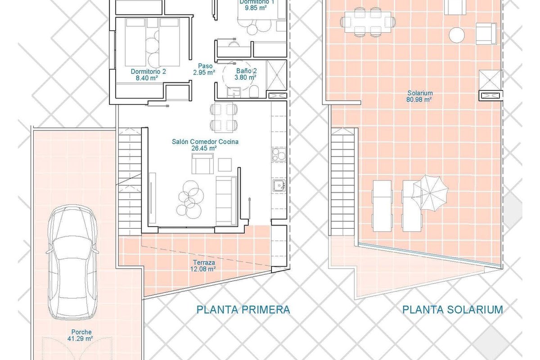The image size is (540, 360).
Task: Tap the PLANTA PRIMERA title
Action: click(x=243, y=310)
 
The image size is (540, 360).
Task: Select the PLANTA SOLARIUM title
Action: click(x=453, y=310)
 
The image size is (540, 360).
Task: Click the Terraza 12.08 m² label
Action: click(x=203, y=265)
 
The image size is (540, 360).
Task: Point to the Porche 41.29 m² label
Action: click(x=81, y=335)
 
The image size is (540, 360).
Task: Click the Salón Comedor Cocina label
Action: click(x=205, y=142)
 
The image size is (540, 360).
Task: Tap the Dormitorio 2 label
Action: click(x=148, y=72)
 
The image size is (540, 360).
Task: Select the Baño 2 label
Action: click(x=246, y=71)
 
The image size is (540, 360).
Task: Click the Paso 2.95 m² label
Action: click(x=204, y=69)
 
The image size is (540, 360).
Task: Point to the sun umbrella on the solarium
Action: click(x=430, y=193)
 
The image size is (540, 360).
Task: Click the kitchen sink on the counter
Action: click(x=279, y=185)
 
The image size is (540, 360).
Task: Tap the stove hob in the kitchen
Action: click(x=279, y=154)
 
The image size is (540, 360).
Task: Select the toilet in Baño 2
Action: click(x=254, y=91)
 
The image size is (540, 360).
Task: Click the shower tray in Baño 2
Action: click(x=276, y=75)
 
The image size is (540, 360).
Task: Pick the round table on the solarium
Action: click(x=457, y=35)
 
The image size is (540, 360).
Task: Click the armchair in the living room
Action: click(x=202, y=163)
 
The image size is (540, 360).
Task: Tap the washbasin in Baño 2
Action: click(x=234, y=92)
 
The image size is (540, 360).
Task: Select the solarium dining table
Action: click(x=368, y=22)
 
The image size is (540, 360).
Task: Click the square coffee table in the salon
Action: click(x=225, y=165)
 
